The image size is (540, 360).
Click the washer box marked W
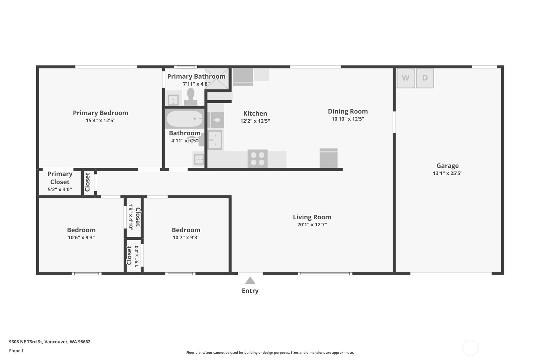tap(405, 78)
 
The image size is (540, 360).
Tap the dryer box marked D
tap(425, 78)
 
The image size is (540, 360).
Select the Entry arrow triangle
tap(250, 280)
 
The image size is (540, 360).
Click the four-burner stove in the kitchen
tap(257, 159)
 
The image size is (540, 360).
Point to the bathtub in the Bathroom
tap(185, 119)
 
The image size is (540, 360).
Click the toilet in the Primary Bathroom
tap(191, 96)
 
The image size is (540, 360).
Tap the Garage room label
tap(447, 166)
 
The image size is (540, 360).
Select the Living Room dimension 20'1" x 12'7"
tap(312, 224)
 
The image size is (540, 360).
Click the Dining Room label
tap(347, 111)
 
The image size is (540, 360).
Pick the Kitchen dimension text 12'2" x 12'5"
tap(255, 121)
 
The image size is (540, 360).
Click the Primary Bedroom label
tap(101, 113)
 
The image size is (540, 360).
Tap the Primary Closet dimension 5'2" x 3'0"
tap(60, 189)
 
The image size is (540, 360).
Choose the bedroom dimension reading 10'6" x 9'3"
tap(81, 237)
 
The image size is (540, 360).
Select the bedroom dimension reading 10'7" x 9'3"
tap(186, 237)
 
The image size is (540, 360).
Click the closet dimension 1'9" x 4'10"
tap(131, 217)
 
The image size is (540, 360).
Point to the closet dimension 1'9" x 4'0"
tap(137, 255)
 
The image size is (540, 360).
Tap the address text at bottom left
tap(50, 342)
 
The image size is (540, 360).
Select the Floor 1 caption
tap(17, 350)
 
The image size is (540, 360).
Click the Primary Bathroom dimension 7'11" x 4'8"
tap(196, 84)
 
